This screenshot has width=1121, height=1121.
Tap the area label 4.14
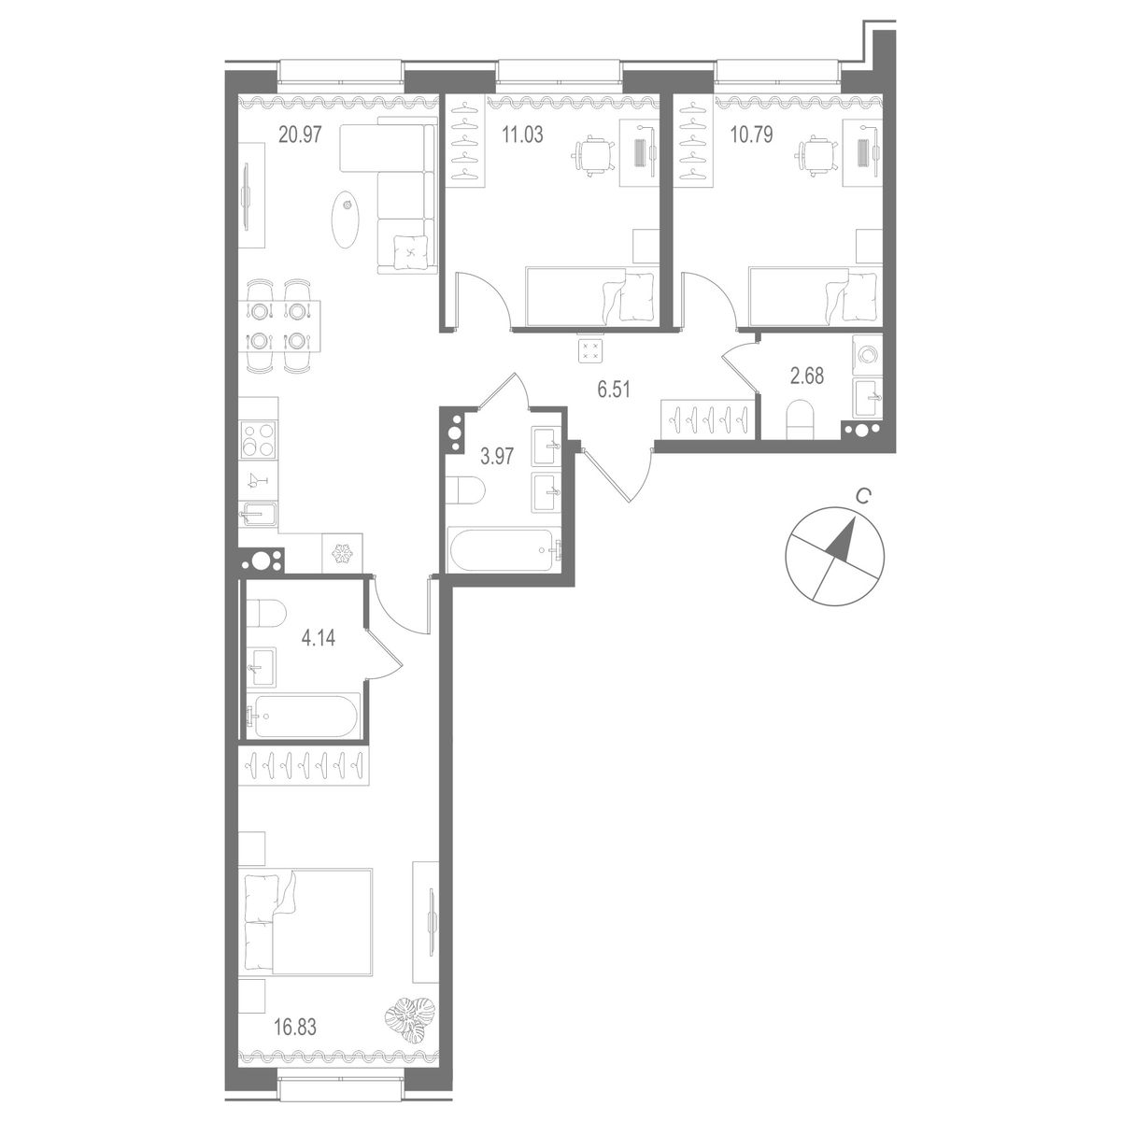point(318,640)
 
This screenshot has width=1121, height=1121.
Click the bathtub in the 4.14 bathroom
point(303,717)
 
